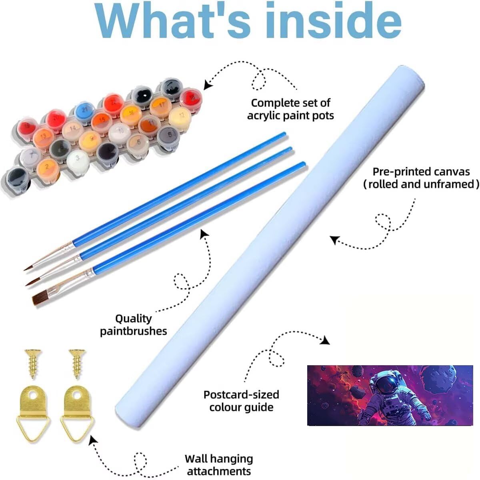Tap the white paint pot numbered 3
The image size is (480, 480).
(x=78, y=158)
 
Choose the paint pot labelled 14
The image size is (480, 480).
(x=73, y=129)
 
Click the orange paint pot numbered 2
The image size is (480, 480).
(x=48, y=166)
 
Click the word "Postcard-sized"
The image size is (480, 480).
(x=241, y=394)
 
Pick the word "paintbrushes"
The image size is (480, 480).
(x=134, y=331)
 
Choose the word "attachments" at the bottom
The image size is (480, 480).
(x=219, y=471)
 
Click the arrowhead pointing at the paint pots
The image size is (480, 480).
(x=207, y=84)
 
